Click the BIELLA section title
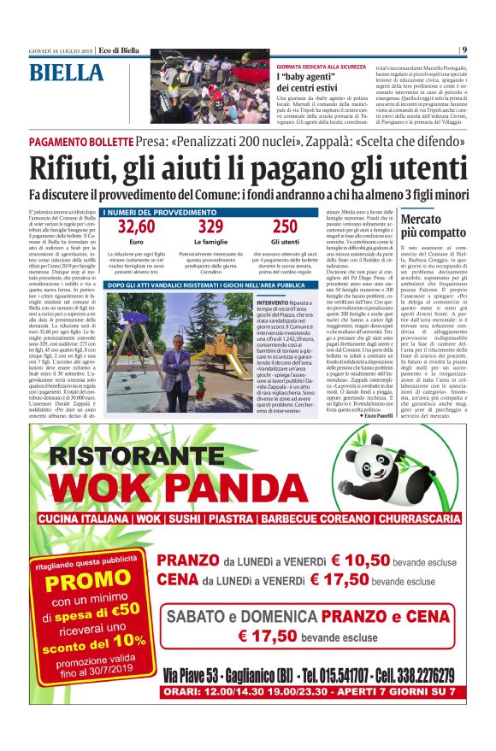pyautogui.click(x=67, y=74)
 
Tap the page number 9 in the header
pyautogui.click(x=464, y=50)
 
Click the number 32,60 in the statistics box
pyautogui.click(x=136, y=227)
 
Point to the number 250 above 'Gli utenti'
pyautogui.click(x=286, y=227)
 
